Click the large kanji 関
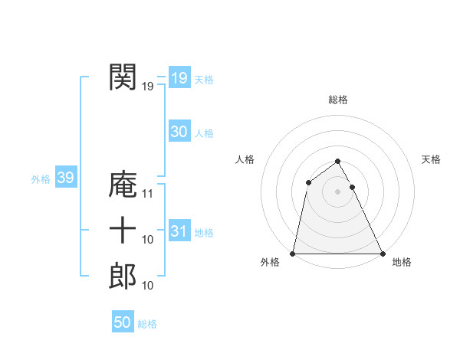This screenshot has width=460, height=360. click(x=123, y=77)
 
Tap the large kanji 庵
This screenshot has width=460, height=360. click(x=123, y=185)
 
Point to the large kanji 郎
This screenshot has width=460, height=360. click(x=123, y=276)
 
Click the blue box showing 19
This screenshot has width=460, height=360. click(x=179, y=78)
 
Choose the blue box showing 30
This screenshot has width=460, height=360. click(x=179, y=132)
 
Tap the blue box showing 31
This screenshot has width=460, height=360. click(x=179, y=231)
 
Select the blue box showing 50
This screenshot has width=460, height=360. click(x=122, y=322)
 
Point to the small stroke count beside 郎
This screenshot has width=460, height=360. click(x=148, y=286)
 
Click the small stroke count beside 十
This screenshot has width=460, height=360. click(x=148, y=240)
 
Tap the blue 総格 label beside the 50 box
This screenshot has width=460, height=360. click(x=147, y=324)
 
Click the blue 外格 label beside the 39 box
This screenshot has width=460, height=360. click(x=41, y=179)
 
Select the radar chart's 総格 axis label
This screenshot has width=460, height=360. click(x=338, y=100)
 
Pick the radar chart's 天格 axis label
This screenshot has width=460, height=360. click(x=432, y=159)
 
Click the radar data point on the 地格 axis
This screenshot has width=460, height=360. click(x=383, y=253)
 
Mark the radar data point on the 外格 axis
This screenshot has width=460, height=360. click(x=293, y=253)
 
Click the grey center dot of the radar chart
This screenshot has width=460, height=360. click(x=338, y=191)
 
